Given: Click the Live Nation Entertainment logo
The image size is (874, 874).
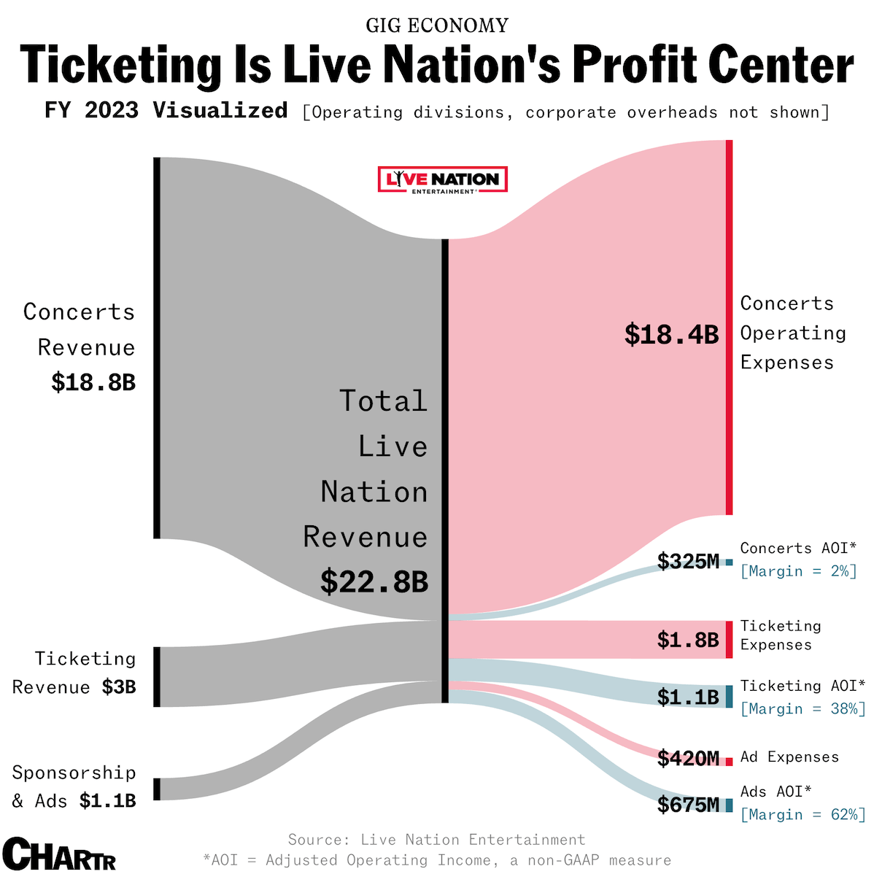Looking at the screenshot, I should (x=442, y=179).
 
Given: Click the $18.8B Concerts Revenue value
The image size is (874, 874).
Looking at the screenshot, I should (x=93, y=382).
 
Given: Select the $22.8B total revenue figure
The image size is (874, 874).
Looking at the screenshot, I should (x=374, y=581).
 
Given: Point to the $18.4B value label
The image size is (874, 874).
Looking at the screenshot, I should (x=671, y=334).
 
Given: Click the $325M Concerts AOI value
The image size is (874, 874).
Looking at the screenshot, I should (x=688, y=561).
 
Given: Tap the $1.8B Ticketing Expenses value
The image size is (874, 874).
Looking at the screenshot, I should (x=688, y=640).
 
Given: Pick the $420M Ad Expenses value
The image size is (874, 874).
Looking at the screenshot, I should (x=688, y=759).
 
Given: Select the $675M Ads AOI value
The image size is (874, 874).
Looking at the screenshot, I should (x=688, y=805).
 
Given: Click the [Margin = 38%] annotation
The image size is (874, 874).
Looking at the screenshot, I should (x=803, y=708).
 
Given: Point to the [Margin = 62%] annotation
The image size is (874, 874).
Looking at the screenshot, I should (x=803, y=814).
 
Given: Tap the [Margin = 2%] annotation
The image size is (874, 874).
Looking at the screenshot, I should (x=798, y=571).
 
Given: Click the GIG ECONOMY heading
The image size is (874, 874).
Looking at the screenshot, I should (x=437, y=26).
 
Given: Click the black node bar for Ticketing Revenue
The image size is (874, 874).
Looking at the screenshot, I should (x=156, y=676).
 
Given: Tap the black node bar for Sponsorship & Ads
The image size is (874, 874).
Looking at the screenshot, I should (x=156, y=789).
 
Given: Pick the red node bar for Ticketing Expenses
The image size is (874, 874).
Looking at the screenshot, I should (x=729, y=640).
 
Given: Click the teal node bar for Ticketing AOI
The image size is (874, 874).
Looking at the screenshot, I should (x=729, y=696).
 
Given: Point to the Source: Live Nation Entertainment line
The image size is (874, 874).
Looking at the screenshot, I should (x=436, y=840).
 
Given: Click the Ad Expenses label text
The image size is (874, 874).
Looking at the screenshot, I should (x=789, y=757).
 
